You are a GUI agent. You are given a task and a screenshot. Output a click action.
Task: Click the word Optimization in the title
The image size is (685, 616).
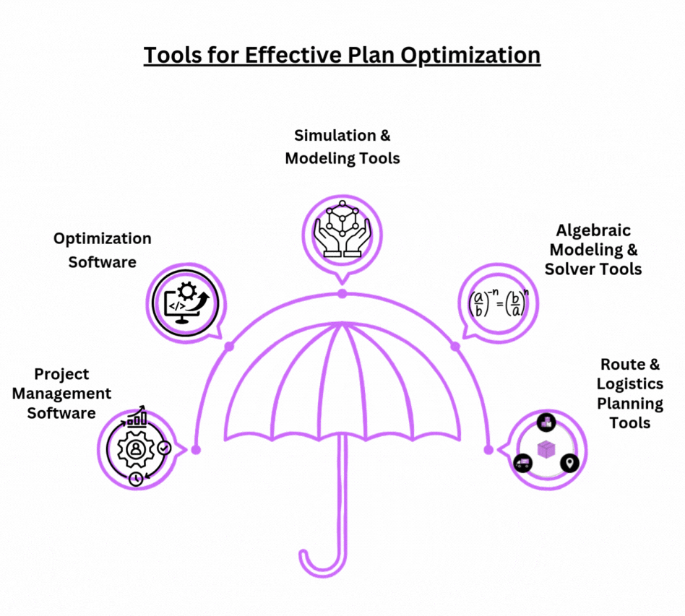click(x=470, y=56)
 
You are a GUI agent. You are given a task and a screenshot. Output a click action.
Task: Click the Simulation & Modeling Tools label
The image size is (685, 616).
click(x=342, y=147)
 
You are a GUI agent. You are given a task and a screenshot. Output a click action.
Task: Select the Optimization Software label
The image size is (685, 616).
click(x=102, y=250)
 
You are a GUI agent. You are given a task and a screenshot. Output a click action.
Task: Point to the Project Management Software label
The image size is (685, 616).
click(x=61, y=394)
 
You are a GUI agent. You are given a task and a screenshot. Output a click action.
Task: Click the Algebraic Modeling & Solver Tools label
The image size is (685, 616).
click(x=593, y=250)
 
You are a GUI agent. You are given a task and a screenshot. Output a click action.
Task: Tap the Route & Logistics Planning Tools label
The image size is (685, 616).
click(x=630, y=394)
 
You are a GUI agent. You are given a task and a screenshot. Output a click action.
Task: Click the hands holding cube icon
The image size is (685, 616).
click(x=342, y=229)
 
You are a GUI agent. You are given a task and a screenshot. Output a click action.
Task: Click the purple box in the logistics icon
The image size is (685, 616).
click(x=546, y=450)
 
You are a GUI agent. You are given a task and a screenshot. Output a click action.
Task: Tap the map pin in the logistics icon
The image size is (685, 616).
click(x=569, y=463)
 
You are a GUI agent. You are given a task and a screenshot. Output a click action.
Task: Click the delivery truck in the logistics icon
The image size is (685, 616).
click(x=522, y=463)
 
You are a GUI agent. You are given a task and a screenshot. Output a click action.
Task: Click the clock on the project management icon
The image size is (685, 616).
click(x=137, y=478)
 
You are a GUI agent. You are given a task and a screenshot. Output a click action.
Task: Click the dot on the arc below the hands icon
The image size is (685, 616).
click(x=342, y=294)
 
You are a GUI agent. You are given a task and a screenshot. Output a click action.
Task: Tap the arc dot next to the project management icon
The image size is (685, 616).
click(x=196, y=450)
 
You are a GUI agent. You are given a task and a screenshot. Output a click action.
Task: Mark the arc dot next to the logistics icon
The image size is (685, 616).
click(x=488, y=450)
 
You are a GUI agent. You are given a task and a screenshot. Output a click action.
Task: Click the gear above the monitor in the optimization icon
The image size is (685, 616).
click(x=188, y=291)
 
